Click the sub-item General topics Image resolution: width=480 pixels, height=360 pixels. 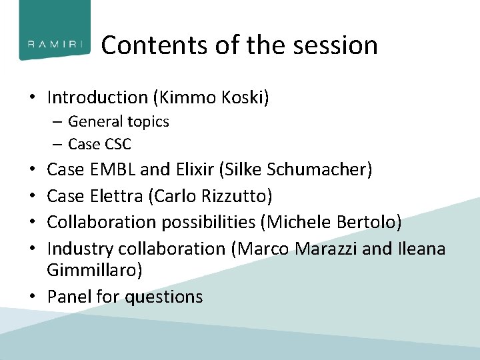coord(118,122)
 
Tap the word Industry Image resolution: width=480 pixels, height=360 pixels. coord(80,249)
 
